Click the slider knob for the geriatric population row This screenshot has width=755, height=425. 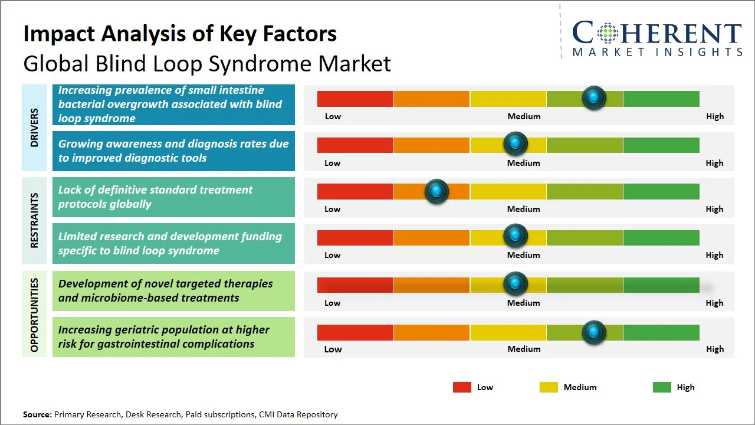[593, 332]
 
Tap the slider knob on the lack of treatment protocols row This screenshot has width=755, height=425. [436, 191]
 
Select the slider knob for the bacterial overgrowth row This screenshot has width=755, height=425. [593, 97]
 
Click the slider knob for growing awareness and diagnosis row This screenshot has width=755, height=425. [515, 144]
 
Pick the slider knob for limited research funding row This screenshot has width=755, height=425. [515, 236]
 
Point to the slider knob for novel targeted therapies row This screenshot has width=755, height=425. [515, 284]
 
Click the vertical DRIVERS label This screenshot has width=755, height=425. [34, 127]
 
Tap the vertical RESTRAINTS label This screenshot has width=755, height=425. [34, 220]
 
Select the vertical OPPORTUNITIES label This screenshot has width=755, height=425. [34, 315]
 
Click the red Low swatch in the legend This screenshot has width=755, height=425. [462, 387]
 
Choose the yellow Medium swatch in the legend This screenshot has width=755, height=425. [549, 387]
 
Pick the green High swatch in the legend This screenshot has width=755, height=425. [662, 387]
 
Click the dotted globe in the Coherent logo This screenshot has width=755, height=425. [607, 33]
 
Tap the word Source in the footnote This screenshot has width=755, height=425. [37, 414]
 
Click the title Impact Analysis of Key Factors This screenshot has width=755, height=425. [180, 34]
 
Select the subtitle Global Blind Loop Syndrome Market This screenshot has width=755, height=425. [207, 63]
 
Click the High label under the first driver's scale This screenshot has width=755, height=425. [714, 116]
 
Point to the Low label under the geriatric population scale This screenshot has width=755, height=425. [333, 349]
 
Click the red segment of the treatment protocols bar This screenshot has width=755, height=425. [355, 191]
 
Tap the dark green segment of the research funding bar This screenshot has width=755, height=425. [661, 237]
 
